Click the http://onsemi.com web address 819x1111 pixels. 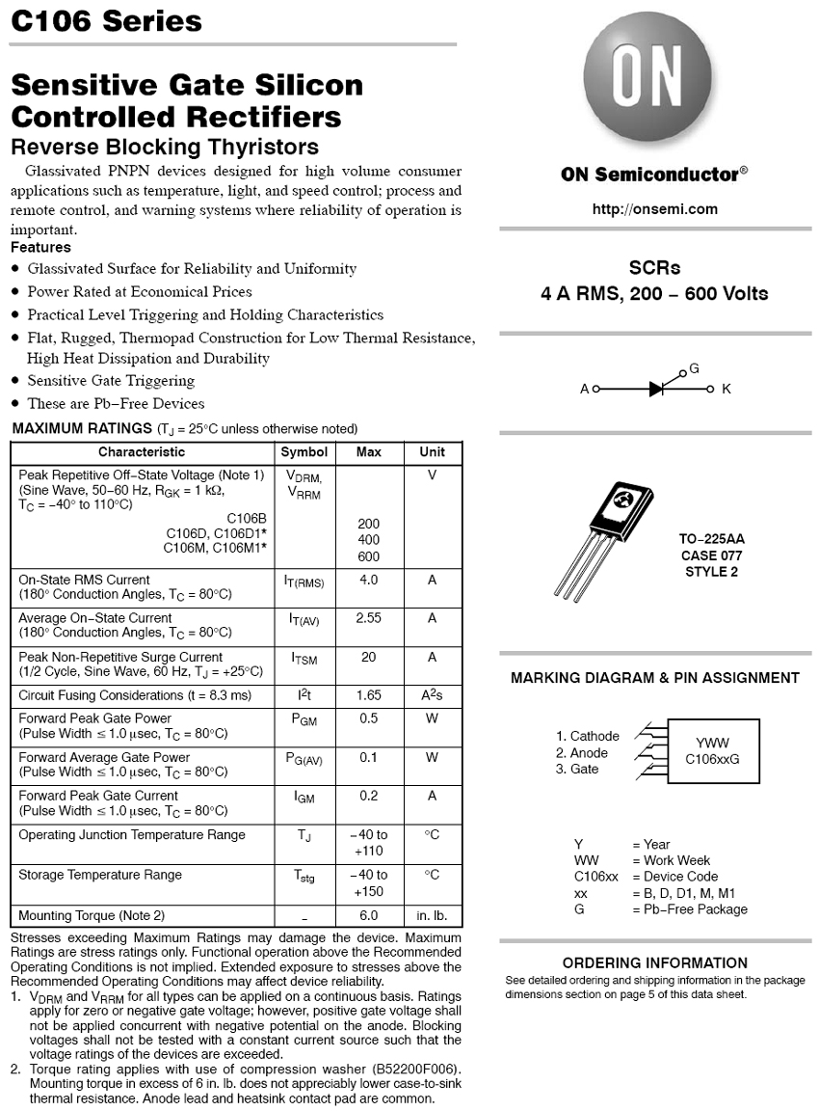[654, 209]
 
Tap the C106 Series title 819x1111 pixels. [106, 21]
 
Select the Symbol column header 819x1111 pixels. [304, 451]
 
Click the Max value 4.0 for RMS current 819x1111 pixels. [368, 580]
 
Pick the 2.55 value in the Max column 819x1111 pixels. [368, 618]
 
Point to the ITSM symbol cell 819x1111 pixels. [304, 658]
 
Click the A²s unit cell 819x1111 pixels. [432, 695]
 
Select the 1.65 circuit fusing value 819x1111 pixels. [368, 695]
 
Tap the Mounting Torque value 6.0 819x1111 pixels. [368, 915]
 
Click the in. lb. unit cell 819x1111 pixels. [432, 915]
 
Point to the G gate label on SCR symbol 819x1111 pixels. [694, 369]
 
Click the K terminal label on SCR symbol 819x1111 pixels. [727, 389]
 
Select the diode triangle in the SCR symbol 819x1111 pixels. [657, 389]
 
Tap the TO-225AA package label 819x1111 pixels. [712, 539]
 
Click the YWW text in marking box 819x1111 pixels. [712, 743]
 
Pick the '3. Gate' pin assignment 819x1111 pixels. [577, 769]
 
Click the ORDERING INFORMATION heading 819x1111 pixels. [654, 962]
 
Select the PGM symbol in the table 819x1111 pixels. [304, 719]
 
